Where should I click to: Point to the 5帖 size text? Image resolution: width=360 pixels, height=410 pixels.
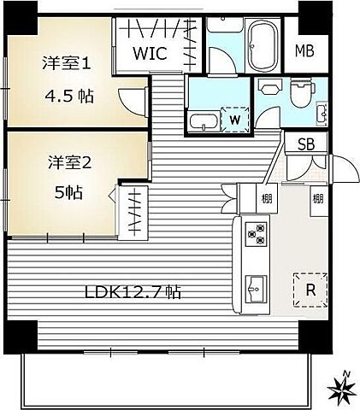[68, 192]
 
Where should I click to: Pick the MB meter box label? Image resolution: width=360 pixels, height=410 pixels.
[304, 50]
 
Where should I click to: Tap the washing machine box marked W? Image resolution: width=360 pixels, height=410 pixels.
[233, 120]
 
